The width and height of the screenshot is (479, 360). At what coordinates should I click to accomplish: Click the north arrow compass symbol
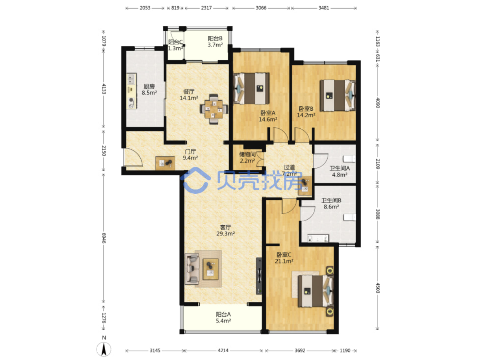(104, 348)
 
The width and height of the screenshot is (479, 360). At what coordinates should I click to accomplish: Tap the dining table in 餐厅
(214, 109)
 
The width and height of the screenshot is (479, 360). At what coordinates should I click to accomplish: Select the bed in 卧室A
(251, 88)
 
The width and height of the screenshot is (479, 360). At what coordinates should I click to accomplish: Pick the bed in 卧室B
(338, 95)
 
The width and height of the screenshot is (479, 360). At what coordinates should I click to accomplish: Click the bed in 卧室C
(316, 291)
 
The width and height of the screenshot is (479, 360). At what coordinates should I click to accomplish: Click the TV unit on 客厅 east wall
(259, 276)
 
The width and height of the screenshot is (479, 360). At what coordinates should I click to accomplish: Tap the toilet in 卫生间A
(349, 159)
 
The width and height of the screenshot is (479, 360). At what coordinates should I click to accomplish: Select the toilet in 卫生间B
(349, 217)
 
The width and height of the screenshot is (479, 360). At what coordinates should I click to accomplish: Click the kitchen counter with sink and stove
(131, 91)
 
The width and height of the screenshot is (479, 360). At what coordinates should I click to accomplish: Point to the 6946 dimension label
(104, 238)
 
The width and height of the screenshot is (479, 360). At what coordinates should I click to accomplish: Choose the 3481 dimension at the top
(324, 8)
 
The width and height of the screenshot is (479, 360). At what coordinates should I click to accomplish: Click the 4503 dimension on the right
(378, 288)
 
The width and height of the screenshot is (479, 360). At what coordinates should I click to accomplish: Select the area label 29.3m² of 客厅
(225, 234)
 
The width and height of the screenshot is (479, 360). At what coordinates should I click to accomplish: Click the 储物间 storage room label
(247, 154)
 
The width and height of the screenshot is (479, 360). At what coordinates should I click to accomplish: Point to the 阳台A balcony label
(223, 314)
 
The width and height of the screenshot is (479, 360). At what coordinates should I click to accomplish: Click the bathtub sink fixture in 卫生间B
(318, 238)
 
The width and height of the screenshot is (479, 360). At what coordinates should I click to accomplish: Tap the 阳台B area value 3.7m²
(215, 45)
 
